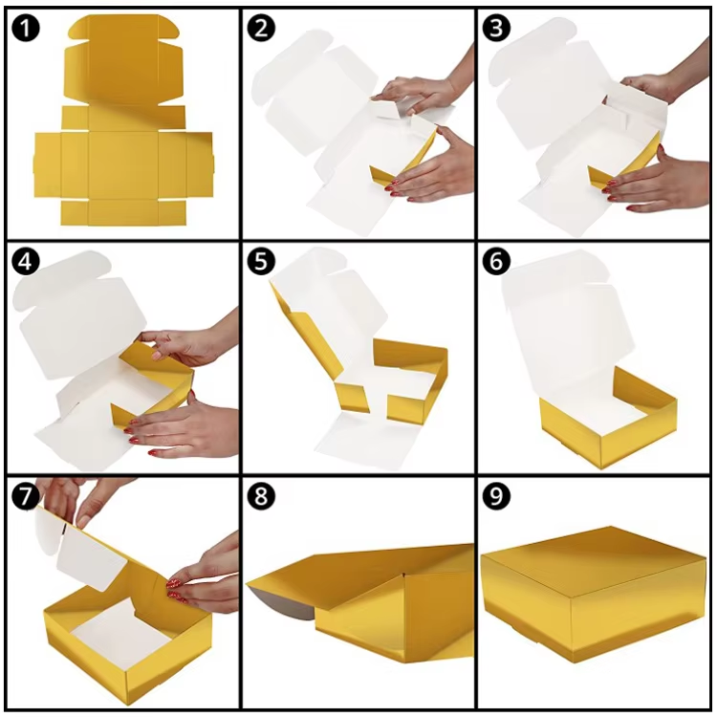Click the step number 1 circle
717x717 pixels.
tap(25, 28)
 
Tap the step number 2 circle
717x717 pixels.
tap(261, 28)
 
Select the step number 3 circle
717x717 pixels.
tap(496, 28)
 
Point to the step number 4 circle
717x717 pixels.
tap(25, 262)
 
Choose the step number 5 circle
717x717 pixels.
tap(261, 262)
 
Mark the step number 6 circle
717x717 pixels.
tap(496, 262)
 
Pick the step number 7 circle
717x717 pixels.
tap(25, 495)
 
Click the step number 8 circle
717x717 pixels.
tap(261, 495)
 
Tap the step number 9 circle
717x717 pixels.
tap(496, 495)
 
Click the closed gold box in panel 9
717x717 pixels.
tap(593, 595)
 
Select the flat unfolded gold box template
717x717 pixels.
tap(123, 119)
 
